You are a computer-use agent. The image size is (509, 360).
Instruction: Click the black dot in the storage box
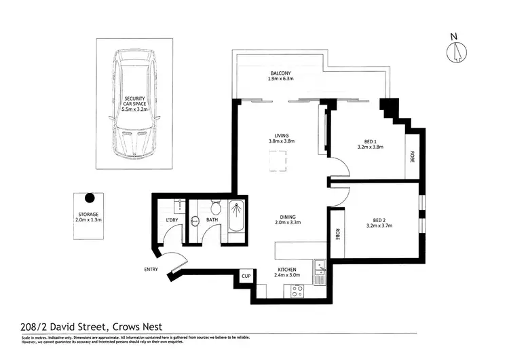[x=89, y=198]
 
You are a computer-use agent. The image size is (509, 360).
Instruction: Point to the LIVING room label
[x=281, y=137]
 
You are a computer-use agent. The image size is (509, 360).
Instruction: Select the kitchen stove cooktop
[x=297, y=291]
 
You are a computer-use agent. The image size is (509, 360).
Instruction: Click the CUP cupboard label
[x=246, y=276]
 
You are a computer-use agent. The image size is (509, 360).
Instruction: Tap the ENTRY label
[x=152, y=270]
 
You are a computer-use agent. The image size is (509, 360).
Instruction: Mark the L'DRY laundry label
[x=172, y=220]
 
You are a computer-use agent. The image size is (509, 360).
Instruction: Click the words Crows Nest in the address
[x=138, y=325]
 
